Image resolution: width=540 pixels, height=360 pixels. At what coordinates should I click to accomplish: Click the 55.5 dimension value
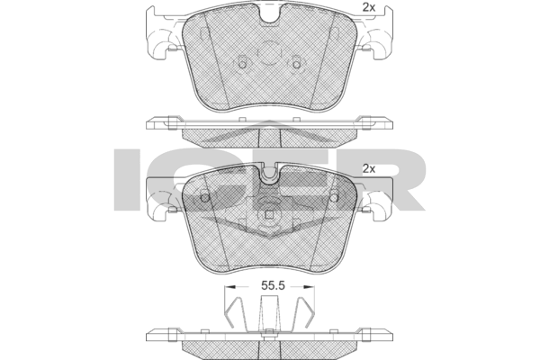click(x=273, y=286)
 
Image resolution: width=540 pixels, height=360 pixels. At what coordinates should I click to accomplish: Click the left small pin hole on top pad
click(x=242, y=63)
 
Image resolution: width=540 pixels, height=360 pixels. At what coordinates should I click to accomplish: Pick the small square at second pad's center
click(x=270, y=215)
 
